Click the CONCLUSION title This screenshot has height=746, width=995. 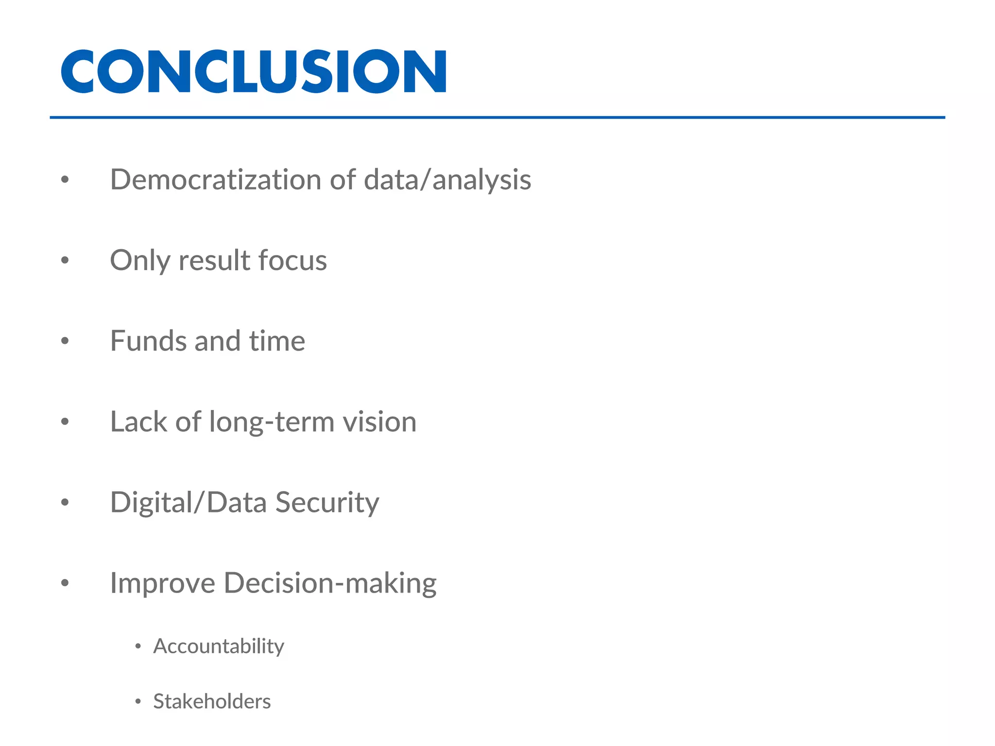(x=253, y=71)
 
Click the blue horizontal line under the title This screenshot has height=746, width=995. (x=497, y=118)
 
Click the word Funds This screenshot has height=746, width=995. (x=148, y=341)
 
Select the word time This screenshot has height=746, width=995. (x=277, y=341)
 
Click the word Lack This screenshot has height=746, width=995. (x=138, y=422)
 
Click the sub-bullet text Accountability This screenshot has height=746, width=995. (x=218, y=646)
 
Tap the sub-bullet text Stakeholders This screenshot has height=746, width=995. (x=212, y=701)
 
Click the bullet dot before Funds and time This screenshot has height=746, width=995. (x=65, y=341)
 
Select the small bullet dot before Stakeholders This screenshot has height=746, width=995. (x=138, y=701)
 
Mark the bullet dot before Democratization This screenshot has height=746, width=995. (x=65, y=180)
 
